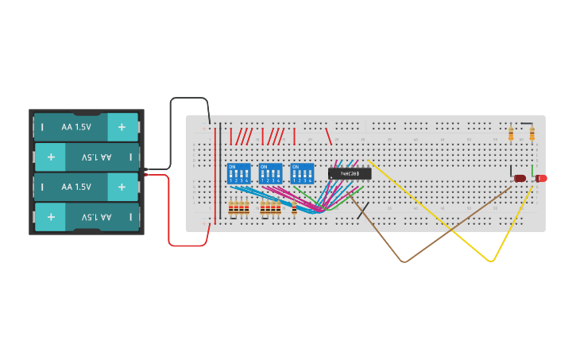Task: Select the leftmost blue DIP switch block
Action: pyautogui.click(x=238, y=173)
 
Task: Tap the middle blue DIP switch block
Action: pyautogui.click(x=270, y=173)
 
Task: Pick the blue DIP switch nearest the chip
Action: pyautogui.click(x=302, y=173)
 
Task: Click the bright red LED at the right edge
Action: pyautogui.click(x=542, y=178)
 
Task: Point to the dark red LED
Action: pyautogui.click(x=520, y=178)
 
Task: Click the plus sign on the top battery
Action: pyautogui.click(x=122, y=126)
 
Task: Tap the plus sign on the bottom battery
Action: pyautogui.click(x=51, y=216)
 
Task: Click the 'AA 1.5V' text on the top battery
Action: pyautogui.click(x=76, y=126)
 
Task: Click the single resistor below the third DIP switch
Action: pyautogui.click(x=295, y=209)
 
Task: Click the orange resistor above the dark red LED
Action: pyautogui.click(x=511, y=134)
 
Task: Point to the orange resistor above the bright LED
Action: pyautogui.click(x=532, y=134)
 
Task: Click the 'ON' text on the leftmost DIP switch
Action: pyautogui.click(x=232, y=166)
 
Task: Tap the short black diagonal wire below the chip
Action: pyautogui.click(x=362, y=210)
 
